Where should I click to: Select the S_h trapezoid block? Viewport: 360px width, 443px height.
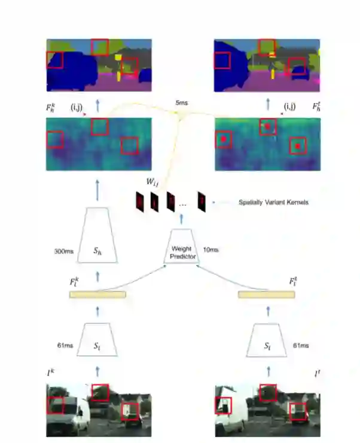click(99, 236)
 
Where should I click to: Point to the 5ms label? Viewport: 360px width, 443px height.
click(181, 104)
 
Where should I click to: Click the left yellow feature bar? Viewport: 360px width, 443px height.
click(97, 295)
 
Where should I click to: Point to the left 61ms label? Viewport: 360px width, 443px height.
click(65, 345)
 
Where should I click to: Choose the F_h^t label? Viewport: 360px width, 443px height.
click(316, 107)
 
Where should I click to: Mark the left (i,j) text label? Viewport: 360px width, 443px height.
click(78, 107)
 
